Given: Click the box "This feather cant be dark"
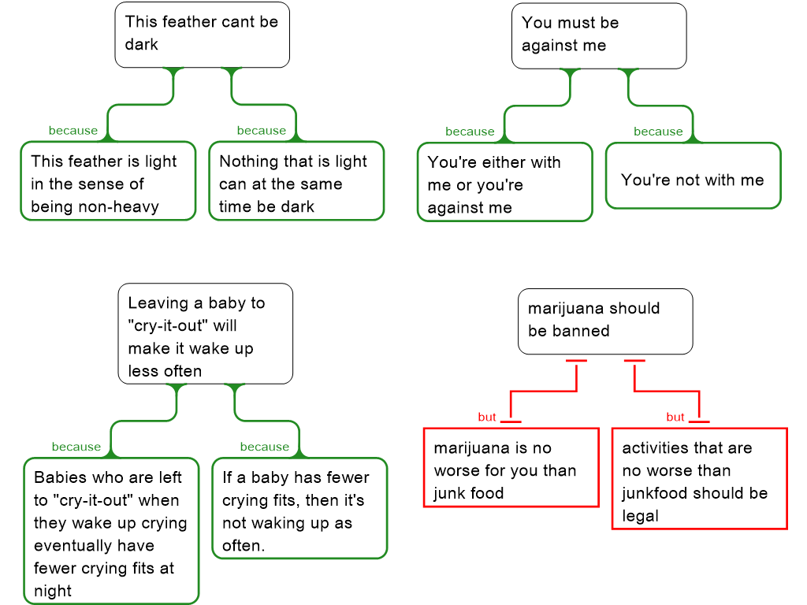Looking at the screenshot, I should tap(202, 34).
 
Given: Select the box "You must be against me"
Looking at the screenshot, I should tap(598, 35).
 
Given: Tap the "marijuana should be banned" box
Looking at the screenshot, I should tap(604, 321).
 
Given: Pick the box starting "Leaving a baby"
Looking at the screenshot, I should tap(205, 335).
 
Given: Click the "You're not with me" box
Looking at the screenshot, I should tap(692, 180).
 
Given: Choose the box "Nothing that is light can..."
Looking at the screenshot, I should tap(296, 181).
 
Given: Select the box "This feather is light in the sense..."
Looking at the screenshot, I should tap(107, 181).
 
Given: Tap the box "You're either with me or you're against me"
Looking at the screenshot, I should tap(504, 183).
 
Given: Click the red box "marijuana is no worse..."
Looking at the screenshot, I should tap(511, 468).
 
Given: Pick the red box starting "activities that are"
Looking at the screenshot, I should tap(699, 479).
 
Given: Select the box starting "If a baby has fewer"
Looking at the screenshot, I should tap(299, 509).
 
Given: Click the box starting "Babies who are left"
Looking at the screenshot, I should tap(111, 532).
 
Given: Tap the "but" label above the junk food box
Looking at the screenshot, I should tap(487, 417).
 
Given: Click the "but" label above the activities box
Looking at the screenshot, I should tap(675, 417).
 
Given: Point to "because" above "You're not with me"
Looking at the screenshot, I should tap(658, 132).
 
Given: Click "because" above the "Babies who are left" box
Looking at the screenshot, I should tap(76, 447).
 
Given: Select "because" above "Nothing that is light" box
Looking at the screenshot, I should tap(262, 130).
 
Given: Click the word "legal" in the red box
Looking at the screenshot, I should tap(641, 516).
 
